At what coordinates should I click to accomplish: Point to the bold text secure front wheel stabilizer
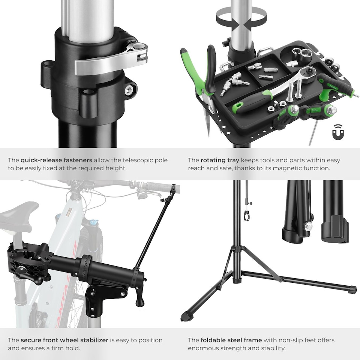point(64,340)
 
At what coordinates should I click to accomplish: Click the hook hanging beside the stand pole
point(246,214)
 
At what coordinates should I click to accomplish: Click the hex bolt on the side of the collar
point(130,90)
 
